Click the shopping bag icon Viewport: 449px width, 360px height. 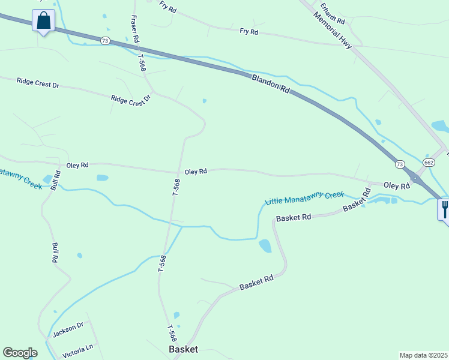coord(43,21)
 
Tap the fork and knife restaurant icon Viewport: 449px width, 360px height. coord(444,209)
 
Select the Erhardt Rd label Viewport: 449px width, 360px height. coord(332,13)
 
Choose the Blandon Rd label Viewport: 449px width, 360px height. coord(271,82)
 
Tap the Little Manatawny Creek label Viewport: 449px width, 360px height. coord(304,197)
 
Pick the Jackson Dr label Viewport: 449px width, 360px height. coord(67,329)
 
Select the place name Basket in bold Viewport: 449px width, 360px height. coord(183,349)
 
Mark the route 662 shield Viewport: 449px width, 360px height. coord(429,163)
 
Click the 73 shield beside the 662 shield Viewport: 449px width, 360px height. coord(400,164)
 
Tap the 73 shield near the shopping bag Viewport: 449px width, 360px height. coord(106,41)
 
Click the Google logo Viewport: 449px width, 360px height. coord(20,353)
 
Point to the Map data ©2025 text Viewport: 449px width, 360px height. coord(423,355)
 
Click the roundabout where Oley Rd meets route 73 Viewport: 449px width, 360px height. coord(415,178)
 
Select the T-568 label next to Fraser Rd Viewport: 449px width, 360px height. coord(142,63)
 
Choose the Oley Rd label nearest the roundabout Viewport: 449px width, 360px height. coord(396,186)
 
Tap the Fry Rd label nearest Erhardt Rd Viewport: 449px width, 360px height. coord(249,31)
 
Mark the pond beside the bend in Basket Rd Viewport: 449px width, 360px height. coord(265,246)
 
